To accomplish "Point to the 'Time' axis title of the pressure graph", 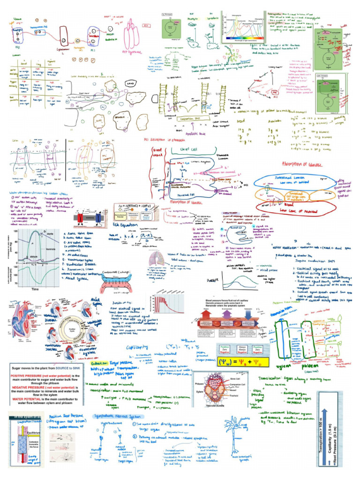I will [35, 289].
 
